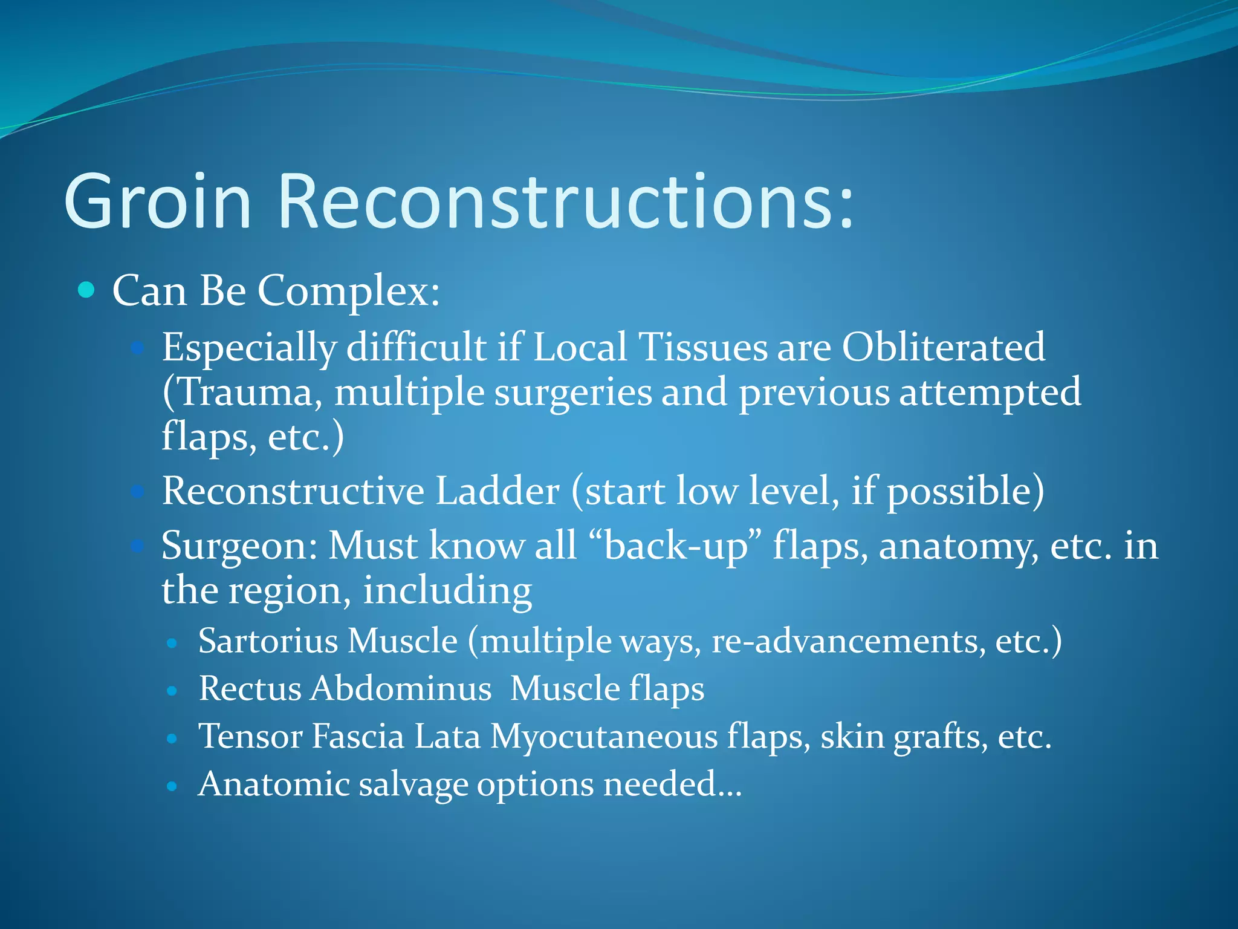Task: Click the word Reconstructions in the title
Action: click(x=565, y=203)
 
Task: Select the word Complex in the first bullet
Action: click(x=348, y=292)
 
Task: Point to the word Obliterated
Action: click(x=943, y=348)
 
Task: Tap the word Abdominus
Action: click(x=401, y=689)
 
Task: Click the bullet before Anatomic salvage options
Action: click(x=172, y=786)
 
